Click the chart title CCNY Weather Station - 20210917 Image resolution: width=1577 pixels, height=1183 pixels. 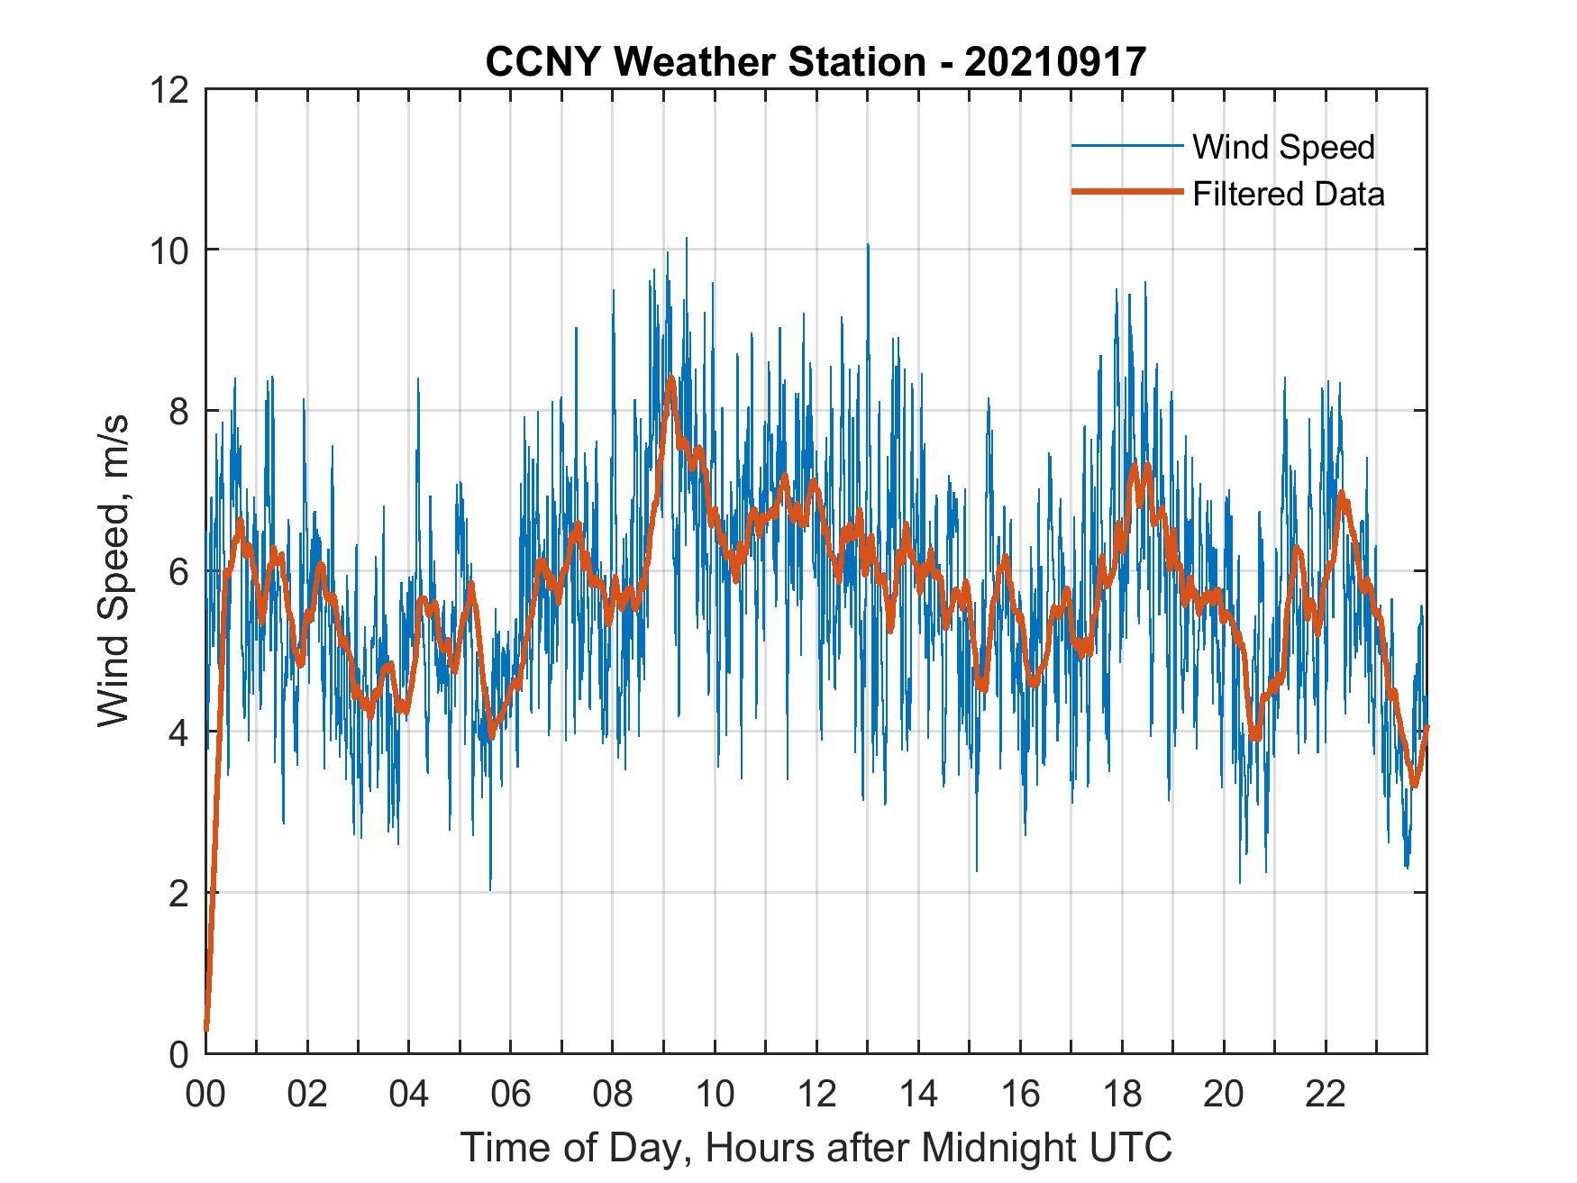(815, 62)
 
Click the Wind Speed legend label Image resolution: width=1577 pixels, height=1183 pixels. (1283, 147)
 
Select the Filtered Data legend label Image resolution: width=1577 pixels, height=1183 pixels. (1288, 194)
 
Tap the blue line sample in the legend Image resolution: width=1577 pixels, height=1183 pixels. (1126, 146)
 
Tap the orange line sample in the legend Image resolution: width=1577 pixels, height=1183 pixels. (1126, 192)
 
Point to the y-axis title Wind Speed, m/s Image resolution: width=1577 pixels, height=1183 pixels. (114, 570)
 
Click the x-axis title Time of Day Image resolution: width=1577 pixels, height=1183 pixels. (816, 1148)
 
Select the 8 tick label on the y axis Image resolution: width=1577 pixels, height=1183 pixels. (178, 411)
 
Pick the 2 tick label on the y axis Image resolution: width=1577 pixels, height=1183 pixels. (178, 893)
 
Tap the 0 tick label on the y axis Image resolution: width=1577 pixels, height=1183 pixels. (178, 1053)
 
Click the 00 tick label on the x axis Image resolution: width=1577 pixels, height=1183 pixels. (205, 1095)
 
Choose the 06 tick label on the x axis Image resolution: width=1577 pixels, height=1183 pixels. (511, 1095)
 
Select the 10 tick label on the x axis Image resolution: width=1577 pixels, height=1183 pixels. (715, 1095)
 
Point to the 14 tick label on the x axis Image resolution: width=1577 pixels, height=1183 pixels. (918, 1095)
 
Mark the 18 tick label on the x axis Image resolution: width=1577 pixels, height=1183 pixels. (1122, 1095)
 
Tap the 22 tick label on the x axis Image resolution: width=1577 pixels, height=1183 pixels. (1326, 1095)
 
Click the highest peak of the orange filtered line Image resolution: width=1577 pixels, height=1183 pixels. (670, 379)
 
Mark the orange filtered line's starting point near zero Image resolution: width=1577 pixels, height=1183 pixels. (206, 1028)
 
